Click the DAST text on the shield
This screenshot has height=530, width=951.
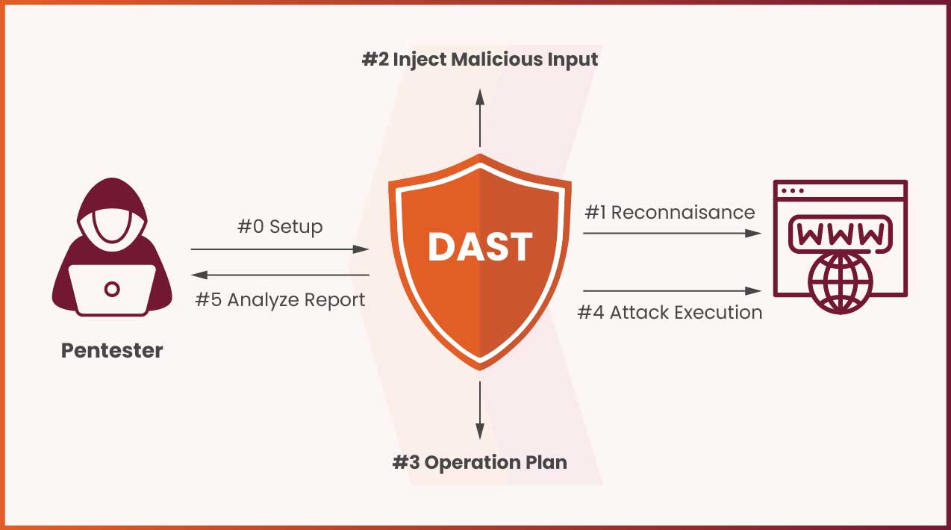point(480,247)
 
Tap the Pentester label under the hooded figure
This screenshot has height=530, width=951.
point(112,350)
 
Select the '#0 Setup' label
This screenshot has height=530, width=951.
point(280,226)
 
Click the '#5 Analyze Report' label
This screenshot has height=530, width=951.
point(280,299)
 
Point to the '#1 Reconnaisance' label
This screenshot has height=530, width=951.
point(670,212)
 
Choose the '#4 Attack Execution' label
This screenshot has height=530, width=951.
point(670,312)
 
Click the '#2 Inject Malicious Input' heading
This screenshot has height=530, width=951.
point(480,59)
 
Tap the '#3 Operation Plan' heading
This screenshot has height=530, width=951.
point(480,462)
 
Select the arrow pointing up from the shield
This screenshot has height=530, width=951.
point(480,116)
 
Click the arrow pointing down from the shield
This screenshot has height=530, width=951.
point(480,410)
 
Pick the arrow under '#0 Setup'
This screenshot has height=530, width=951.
point(280,249)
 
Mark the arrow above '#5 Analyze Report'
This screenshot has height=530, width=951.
point(280,275)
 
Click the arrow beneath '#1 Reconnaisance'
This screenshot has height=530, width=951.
point(672,233)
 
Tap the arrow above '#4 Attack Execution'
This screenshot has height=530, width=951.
point(672,290)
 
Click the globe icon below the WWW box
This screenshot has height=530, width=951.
point(841,281)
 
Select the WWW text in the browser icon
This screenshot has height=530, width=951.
point(841,234)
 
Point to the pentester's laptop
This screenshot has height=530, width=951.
point(112,289)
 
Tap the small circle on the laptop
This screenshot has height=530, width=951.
point(112,288)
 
